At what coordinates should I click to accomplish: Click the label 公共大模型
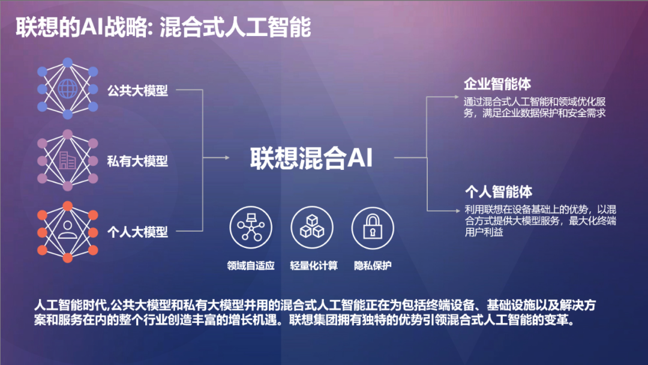[x=137, y=90]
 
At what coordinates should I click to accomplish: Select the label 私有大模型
[x=137, y=161]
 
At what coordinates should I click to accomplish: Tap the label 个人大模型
[x=137, y=232]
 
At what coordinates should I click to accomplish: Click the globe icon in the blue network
[x=68, y=88]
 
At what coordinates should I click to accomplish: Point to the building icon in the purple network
[x=67, y=160]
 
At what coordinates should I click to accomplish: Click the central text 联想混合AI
[x=311, y=158]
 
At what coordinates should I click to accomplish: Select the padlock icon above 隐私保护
[x=373, y=227]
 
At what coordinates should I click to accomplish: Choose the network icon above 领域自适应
[x=251, y=227]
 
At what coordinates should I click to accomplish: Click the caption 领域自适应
[x=251, y=266]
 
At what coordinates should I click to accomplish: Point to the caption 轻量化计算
[x=314, y=266]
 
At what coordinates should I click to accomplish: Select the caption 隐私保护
[x=373, y=266]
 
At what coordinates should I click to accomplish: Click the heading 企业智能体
[x=497, y=84]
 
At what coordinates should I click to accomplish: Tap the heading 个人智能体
[x=499, y=192]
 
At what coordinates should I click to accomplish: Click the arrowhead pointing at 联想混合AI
[x=227, y=157]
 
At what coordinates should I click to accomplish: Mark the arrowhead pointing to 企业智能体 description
[x=456, y=97]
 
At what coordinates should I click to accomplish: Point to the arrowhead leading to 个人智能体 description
[x=457, y=211]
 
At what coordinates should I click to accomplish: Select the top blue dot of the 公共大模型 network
[x=68, y=62]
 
